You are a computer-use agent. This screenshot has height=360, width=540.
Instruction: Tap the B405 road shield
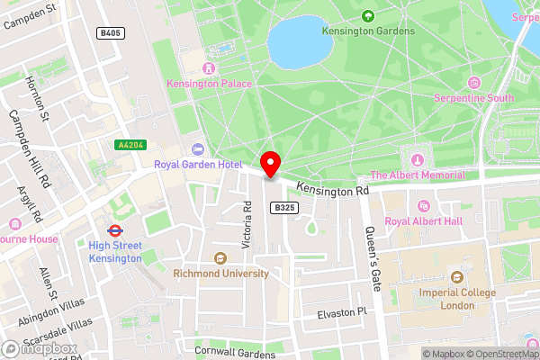(110, 33)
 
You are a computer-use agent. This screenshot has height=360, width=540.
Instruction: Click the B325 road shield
(284, 207)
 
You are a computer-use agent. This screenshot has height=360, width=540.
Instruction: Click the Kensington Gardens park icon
(367, 15)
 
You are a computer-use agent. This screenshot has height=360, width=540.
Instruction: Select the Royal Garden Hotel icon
(197, 148)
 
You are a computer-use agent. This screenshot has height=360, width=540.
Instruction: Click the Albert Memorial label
(418, 175)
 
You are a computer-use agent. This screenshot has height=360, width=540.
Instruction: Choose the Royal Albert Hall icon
(423, 205)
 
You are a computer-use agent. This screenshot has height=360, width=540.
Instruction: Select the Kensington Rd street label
(333, 191)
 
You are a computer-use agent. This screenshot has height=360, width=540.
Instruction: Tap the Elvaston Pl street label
(343, 313)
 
